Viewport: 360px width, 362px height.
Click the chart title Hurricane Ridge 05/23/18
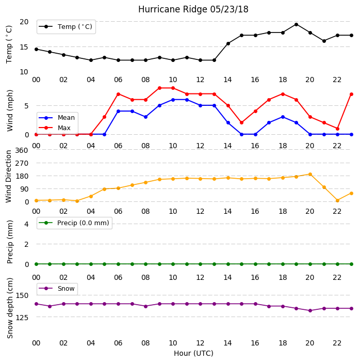coord(193,9)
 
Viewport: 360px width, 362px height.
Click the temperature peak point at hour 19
coord(297,24)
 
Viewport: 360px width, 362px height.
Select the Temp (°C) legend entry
coord(66,27)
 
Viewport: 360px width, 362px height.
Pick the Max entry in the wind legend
coord(55,128)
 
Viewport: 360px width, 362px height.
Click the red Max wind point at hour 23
coord(351,94)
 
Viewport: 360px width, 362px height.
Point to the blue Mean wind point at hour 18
coord(283,117)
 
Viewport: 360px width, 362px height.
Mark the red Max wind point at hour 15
coord(242,122)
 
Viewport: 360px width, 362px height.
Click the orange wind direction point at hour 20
coord(310,175)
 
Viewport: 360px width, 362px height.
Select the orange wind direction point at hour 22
coord(338,200)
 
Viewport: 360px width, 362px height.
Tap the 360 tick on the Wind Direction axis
coord(22,150)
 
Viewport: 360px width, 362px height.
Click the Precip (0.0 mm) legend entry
coord(74,223)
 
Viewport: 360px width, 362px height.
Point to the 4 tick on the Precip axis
coord(26,224)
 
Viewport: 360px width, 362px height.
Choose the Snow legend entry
coord(57,289)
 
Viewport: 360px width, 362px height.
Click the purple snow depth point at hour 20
coord(310,310)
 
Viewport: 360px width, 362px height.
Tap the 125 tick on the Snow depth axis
coord(22,318)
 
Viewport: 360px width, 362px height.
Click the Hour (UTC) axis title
coord(193,353)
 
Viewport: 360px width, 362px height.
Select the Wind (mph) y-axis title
coord(10,111)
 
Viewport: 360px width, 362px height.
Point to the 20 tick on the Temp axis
coord(24,22)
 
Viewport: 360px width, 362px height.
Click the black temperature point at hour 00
coord(36,49)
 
